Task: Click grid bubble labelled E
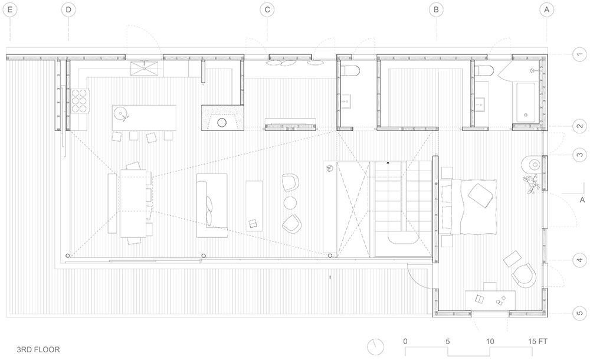[x=10, y=10]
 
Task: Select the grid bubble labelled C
[x=267, y=10]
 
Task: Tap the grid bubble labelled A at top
[x=547, y=10]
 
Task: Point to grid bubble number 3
[x=580, y=155]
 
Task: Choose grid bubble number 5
[x=580, y=313]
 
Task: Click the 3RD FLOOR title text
[x=38, y=349]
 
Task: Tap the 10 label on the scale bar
[x=490, y=341]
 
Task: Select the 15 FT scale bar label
[x=537, y=341]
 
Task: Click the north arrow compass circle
[x=375, y=346]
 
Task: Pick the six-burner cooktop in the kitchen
[x=79, y=100]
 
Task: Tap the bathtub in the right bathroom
[x=526, y=102]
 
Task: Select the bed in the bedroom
[x=468, y=207]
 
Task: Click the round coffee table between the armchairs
[x=290, y=203]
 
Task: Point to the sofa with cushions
[x=212, y=205]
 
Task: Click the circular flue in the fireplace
[x=222, y=122]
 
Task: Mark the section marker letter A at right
[x=582, y=200]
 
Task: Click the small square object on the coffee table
[x=252, y=224]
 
